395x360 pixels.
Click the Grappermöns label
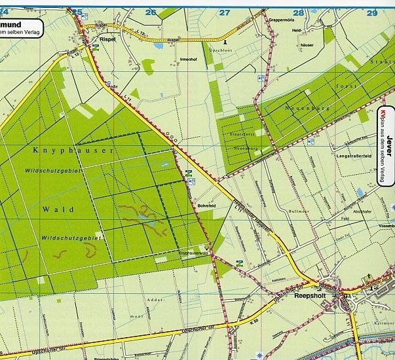[x=283, y=20]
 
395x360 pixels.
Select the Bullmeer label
[x=299, y=211]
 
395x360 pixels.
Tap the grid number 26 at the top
[x=151, y=12]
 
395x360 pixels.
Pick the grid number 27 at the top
[x=225, y=12]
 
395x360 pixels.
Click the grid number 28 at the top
[x=299, y=12]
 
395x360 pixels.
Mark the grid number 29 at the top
[x=372, y=12]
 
